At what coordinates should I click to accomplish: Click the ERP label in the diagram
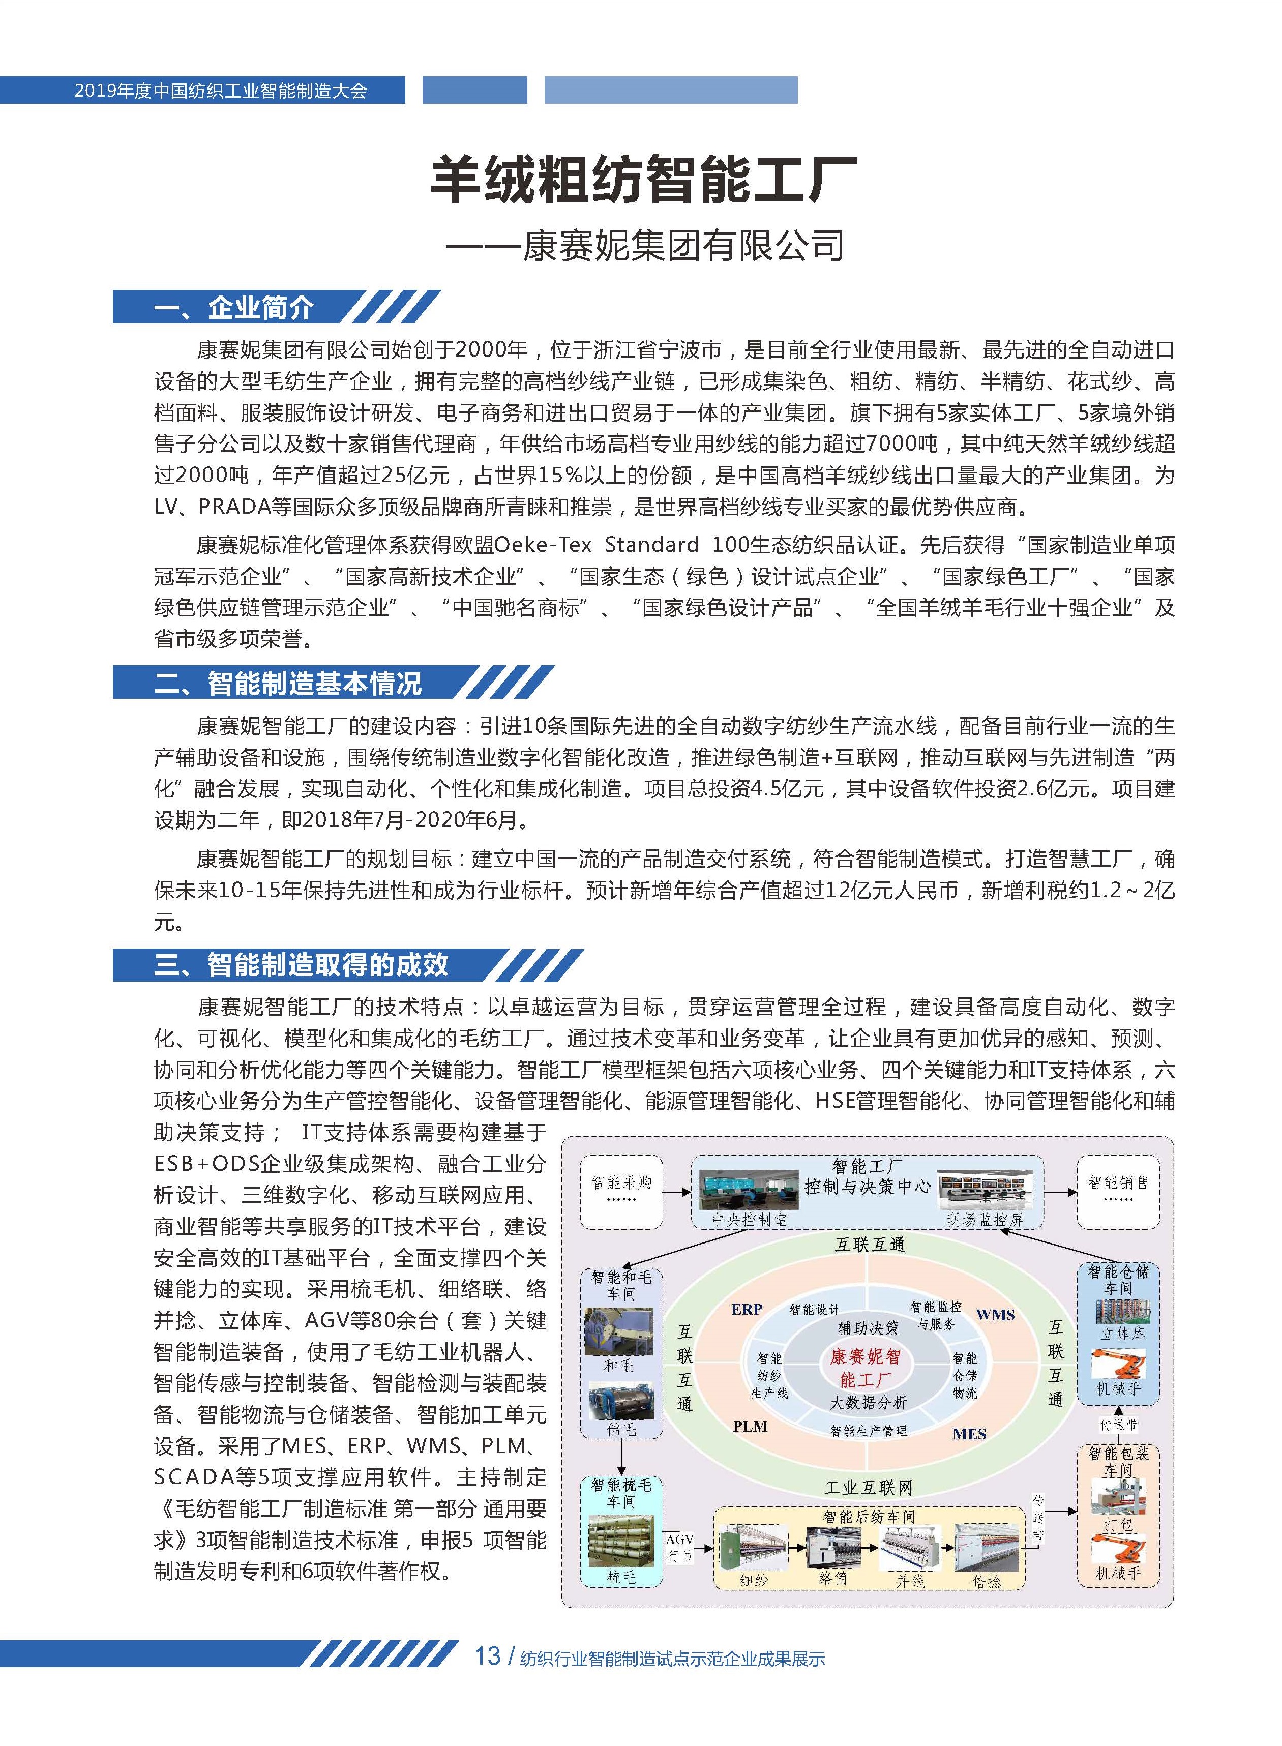point(747,1309)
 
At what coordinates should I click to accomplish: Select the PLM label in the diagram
point(750,1426)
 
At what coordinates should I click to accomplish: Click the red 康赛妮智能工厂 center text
point(866,1368)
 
